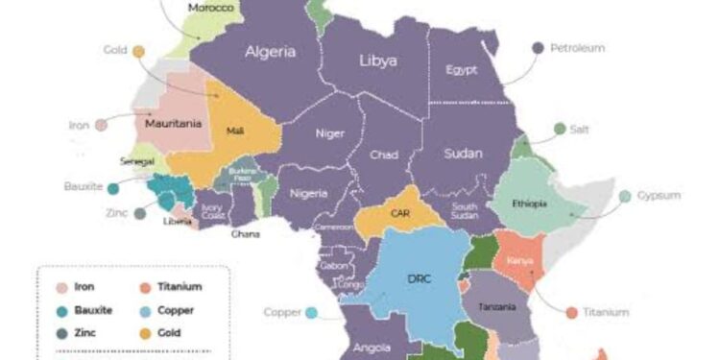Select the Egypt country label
point(462,69)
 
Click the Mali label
point(234,131)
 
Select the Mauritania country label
point(172,123)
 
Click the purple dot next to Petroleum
point(538,47)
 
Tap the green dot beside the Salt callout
point(560,128)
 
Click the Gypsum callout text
point(661,196)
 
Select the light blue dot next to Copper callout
point(311,312)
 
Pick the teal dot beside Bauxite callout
point(114,188)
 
